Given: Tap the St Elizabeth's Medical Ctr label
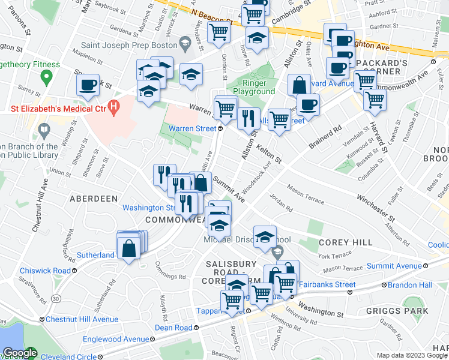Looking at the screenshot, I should click(56, 109).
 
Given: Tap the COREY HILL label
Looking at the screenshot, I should click(338, 242).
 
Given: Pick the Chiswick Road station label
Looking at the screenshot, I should click(45, 271).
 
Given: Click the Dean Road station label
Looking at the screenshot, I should click(173, 328).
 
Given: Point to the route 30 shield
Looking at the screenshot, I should click(56, 298).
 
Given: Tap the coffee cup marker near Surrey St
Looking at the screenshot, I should click(88, 85).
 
